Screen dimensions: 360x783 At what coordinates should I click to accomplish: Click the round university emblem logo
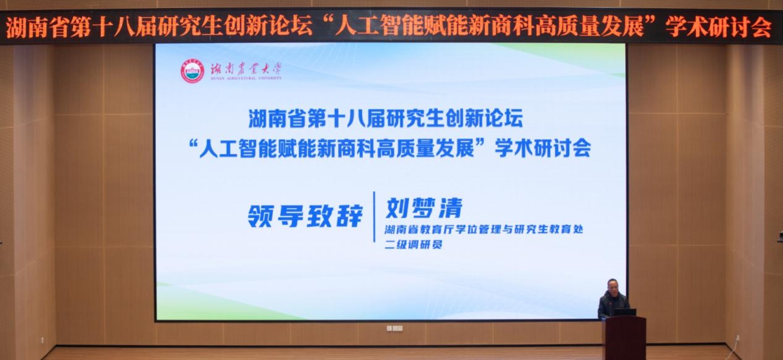192,71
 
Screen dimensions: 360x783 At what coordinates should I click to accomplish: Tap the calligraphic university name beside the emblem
246,70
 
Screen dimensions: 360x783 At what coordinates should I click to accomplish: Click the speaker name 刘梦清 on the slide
424,208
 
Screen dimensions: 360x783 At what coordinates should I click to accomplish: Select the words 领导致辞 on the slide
305,217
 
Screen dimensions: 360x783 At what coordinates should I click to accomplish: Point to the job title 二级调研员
413,244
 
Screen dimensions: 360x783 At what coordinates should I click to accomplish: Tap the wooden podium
624,337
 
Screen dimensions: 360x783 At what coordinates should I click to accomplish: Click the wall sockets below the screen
395,328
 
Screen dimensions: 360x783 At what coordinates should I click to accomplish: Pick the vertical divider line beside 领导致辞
374,217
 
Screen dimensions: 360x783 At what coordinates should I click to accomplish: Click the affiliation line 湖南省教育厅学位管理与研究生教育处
484,230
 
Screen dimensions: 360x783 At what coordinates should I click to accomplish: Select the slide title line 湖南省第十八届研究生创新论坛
386,118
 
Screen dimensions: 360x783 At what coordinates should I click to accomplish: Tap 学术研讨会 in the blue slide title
543,149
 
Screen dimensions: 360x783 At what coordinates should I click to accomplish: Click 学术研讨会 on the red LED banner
718,27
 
